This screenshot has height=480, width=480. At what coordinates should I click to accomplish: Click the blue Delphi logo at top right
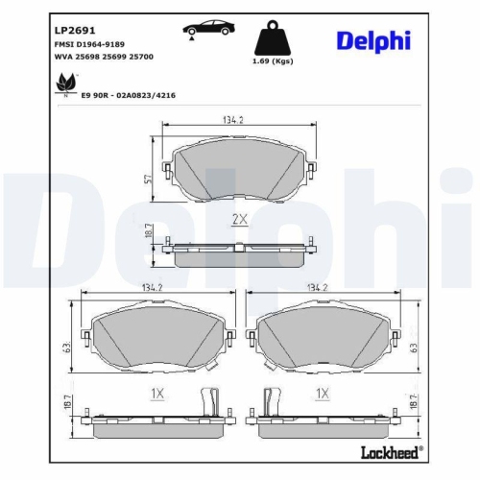point(373,39)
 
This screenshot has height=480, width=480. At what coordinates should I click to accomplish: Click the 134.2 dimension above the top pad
point(234,121)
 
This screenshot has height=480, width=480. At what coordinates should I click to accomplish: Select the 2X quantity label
point(240,220)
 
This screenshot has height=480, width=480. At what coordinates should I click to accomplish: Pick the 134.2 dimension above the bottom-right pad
point(317,287)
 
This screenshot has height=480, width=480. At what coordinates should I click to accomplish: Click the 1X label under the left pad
point(158,394)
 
